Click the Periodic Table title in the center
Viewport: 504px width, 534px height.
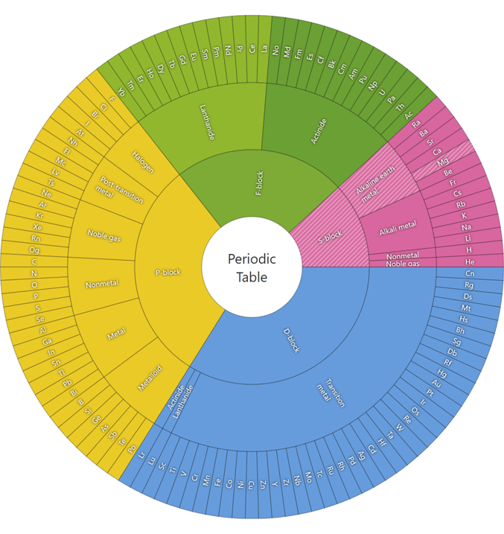[252, 268]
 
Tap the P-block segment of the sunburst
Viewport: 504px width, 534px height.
[168, 271]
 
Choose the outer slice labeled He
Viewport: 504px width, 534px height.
[469, 261]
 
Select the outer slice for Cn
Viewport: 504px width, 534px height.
[469, 273]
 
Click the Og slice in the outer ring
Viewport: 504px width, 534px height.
[34, 250]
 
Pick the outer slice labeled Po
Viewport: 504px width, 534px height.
[132, 450]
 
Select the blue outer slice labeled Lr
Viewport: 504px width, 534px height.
[141, 456]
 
